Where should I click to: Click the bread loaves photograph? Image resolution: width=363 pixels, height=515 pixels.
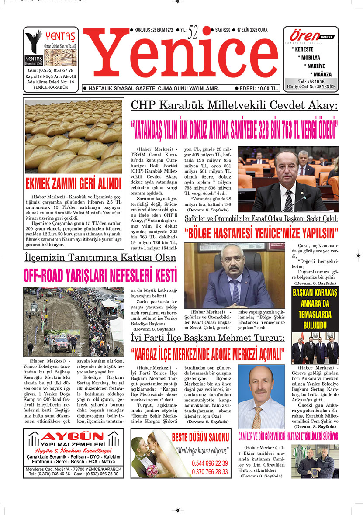pyautogui.click(x=73, y=137)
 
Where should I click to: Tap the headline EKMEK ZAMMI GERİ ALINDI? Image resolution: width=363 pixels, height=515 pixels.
pyautogui.click(x=73, y=182)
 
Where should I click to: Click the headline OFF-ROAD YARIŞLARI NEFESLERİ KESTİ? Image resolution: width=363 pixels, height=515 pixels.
pyautogui.click(x=100, y=275)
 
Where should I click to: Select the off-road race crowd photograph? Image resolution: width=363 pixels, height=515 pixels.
pyautogui.click(x=73, y=321)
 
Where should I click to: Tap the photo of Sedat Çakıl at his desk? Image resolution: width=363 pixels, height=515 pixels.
pyautogui.click(x=235, y=276)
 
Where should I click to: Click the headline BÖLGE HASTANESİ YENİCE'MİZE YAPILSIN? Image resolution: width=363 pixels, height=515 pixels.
pyautogui.click(x=261, y=232)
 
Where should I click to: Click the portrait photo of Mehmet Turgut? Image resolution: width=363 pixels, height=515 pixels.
pyautogui.click(x=261, y=397)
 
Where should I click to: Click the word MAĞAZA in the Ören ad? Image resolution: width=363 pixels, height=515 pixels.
pyautogui.click(x=322, y=74)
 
